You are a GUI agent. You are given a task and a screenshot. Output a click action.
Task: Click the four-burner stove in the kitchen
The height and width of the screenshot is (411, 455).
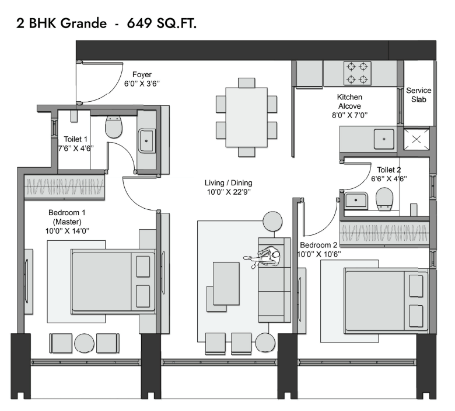tap(357, 73)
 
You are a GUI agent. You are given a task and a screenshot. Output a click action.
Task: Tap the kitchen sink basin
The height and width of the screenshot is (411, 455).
tap(384, 139)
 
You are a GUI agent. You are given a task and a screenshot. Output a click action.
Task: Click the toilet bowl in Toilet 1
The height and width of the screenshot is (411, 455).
tap(114, 127)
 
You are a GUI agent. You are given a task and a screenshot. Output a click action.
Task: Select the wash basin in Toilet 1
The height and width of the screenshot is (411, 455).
tap(146, 141)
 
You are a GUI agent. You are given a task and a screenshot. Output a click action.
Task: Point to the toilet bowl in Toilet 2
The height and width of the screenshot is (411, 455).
tap(384, 199)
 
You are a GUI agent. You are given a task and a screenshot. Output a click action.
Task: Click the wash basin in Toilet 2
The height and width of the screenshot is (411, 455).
tap(356, 200)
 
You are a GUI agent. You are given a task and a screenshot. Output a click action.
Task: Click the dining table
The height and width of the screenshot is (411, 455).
tap(246, 118)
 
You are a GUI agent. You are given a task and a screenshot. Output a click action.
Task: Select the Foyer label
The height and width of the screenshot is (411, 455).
tap(142, 74)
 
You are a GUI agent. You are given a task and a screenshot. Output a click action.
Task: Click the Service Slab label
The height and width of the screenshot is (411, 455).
tap(418, 95)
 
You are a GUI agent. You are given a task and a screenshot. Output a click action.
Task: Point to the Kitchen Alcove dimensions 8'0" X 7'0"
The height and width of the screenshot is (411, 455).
tap(349, 115)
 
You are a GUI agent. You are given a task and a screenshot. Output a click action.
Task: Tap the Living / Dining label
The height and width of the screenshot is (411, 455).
tap(228, 182)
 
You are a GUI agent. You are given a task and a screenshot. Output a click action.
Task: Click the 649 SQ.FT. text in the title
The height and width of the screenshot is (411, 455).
tap(162, 23)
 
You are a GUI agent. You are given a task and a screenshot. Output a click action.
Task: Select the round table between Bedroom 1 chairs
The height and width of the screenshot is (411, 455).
tap(84, 343)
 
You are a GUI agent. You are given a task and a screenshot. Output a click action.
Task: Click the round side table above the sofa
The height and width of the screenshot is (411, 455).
tap(272, 221)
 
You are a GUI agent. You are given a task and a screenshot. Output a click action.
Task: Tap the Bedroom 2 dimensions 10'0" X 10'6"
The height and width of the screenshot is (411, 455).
tap(319, 254)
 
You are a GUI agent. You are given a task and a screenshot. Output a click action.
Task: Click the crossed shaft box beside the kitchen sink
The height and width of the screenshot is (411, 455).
tap(416, 139)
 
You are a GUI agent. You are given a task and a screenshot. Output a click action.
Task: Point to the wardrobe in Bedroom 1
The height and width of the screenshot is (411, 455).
tap(64, 186)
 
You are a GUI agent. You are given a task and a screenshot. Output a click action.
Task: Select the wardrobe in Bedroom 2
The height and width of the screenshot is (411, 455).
tap(385, 233)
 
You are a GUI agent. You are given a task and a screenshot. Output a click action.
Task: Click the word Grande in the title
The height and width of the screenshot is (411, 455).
tap(84, 23)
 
